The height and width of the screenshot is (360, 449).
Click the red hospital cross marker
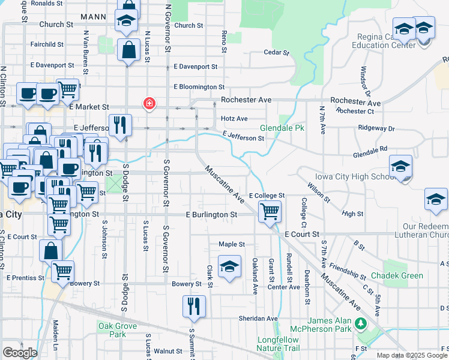pos(148,104)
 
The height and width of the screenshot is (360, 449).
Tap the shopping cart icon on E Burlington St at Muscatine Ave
pos(270,211)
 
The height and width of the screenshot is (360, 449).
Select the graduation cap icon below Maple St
pos(229,267)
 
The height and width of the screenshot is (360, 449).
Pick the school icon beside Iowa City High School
pos(400,168)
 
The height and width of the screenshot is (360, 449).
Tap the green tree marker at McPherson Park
pos(360,324)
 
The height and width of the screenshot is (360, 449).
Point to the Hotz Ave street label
pos(234,119)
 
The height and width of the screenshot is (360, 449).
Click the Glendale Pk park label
pos(279,128)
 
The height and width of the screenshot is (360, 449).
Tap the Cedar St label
pos(277,52)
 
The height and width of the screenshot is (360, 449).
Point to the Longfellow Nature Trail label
pos(279,344)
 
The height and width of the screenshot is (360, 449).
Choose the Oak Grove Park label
pos(117,330)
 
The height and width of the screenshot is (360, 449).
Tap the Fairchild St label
pos(47,44)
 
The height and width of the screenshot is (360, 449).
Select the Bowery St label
pos(187,284)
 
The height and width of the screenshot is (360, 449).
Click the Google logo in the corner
pos(20,353)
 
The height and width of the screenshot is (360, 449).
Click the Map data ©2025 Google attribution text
pos(411,355)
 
